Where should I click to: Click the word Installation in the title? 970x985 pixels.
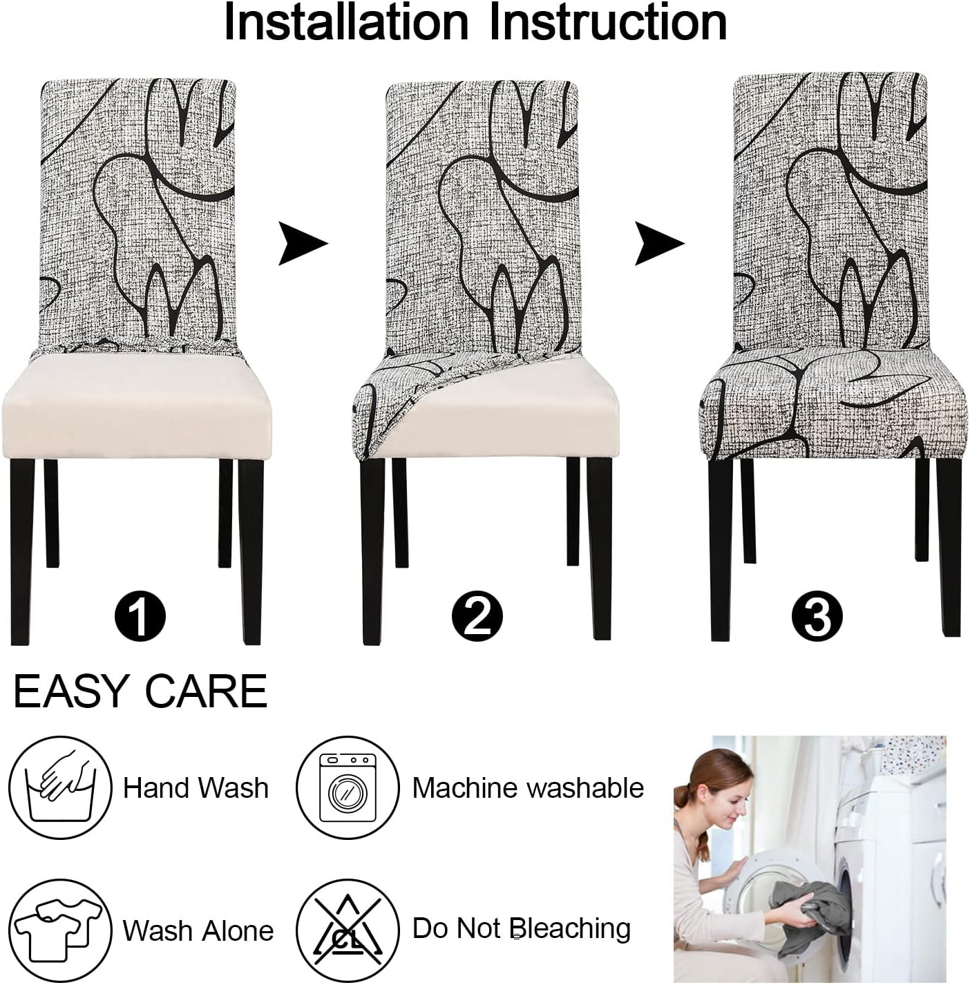point(345,23)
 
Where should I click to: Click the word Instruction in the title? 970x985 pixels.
point(608,23)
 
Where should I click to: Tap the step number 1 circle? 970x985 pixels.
point(140,615)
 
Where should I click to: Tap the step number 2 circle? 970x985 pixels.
point(477,615)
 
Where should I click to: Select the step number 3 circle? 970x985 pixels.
point(817,615)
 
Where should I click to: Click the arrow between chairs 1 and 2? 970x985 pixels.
point(302,243)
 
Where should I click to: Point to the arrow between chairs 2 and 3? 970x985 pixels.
point(658,243)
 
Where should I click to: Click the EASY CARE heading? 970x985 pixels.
point(140,691)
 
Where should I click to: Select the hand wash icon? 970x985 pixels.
point(60,788)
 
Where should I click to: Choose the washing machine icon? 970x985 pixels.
point(348,788)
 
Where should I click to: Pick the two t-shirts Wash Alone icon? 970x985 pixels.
point(60,930)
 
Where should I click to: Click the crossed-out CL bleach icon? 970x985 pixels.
point(348,930)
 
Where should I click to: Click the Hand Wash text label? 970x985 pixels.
point(196,788)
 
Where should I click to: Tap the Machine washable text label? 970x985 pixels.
point(528,788)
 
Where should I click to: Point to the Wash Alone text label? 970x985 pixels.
point(198,931)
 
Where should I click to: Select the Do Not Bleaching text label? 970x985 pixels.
point(522,929)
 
